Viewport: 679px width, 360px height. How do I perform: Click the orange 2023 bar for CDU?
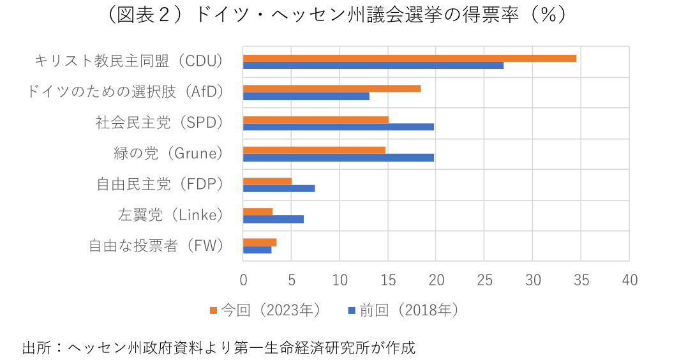coord(409,58)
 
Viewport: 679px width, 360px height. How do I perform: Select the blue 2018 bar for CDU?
coord(373,65)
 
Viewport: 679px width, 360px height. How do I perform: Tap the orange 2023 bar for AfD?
coord(332,89)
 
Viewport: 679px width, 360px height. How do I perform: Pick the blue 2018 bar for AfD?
coord(306,96)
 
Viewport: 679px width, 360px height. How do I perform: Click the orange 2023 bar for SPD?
coord(316,119)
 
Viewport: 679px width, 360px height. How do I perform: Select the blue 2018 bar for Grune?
coord(338,157)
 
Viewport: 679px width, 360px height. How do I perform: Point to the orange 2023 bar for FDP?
coord(267,181)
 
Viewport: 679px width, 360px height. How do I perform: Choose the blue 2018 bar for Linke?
coord(273,219)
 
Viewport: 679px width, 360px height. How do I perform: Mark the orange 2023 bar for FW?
coord(260,242)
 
